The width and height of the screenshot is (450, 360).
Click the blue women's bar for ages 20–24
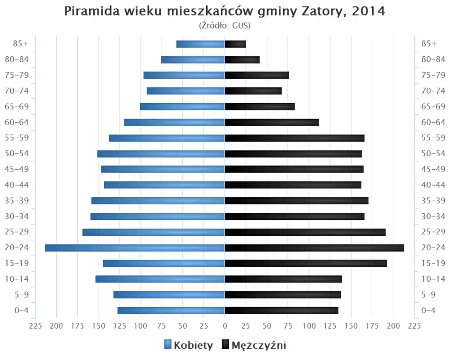(x=135, y=248)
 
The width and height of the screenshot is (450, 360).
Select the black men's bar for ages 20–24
(x=314, y=248)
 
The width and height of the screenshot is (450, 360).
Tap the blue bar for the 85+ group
(x=201, y=44)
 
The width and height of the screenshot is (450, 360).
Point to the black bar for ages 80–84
(x=242, y=60)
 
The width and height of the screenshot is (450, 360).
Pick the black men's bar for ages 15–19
(x=306, y=263)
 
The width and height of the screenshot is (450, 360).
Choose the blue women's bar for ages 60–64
(x=174, y=122)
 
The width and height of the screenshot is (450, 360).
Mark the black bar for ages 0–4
(x=281, y=310)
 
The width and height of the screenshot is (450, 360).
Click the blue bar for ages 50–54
(x=161, y=154)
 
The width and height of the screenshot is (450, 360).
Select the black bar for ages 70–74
(x=253, y=91)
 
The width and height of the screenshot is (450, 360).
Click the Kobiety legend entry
(x=188, y=345)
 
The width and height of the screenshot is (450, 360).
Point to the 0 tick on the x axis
(x=225, y=326)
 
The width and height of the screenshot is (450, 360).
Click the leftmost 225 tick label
(x=36, y=326)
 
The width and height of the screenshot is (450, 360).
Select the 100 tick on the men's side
(x=309, y=326)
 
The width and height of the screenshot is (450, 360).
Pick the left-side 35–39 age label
(x=17, y=201)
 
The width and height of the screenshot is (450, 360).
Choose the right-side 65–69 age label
(x=433, y=106)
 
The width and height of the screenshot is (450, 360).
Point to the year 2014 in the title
(x=368, y=11)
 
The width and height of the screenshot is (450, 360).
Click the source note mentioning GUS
(x=225, y=25)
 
